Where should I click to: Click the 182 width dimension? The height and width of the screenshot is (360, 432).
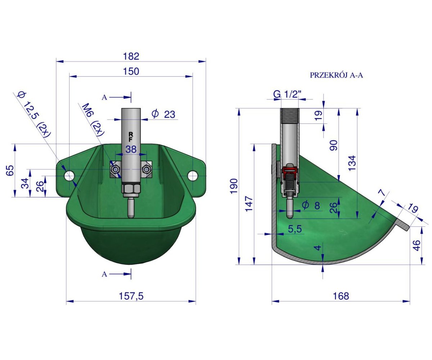131,56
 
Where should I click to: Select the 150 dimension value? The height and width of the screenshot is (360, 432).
131,71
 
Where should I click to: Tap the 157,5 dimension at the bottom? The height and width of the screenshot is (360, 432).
131,296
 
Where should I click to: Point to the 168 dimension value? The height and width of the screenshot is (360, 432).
341,296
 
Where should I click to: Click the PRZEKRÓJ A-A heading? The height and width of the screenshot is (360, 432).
336,75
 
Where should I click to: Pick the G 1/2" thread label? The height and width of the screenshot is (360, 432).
287,95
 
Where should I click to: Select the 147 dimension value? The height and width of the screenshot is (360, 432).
249,204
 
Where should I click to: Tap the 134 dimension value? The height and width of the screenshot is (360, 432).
352,163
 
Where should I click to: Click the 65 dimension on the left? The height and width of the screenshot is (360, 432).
10,171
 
